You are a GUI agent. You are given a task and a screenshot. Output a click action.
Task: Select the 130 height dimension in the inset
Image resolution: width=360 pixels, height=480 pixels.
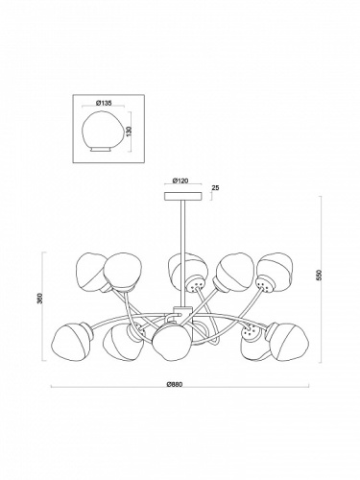[x=130, y=132]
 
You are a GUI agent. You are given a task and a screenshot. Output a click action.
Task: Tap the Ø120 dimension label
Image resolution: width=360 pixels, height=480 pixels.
[x=180, y=180]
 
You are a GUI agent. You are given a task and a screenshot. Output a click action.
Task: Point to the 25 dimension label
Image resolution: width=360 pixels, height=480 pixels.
[x=216, y=187]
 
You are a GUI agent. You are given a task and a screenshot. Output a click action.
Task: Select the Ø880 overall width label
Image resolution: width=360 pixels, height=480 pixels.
[x=175, y=385]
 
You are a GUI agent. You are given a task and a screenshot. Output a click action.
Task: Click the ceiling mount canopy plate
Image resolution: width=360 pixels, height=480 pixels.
[x=183, y=196]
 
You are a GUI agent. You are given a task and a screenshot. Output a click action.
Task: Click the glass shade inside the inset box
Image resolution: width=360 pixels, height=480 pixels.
[x=102, y=130]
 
